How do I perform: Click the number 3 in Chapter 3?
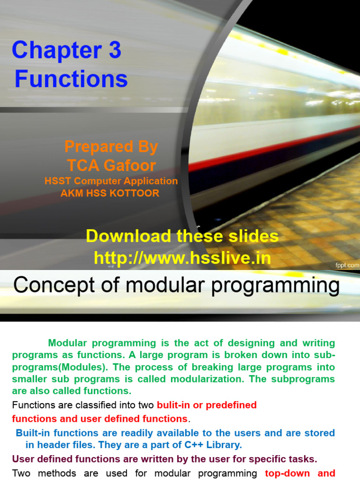tap(114, 51)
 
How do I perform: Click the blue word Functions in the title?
tap(71, 79)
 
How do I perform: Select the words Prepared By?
tap(111, 147)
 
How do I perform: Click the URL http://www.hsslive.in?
tap(182, 258)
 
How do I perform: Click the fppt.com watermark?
tap(347, 265)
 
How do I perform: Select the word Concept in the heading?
tap(45, 285)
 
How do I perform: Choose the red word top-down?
tap(286, 473)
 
